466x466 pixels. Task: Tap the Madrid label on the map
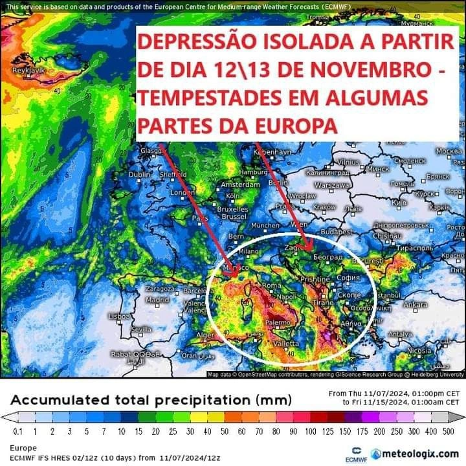click(x=157, y=300)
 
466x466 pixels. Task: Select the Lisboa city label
click(x=120, y=316)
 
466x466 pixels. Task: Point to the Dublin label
click(x=139, y=175)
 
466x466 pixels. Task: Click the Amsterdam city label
click(x=240, y=184)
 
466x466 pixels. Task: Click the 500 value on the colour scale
click(x=450, y=430)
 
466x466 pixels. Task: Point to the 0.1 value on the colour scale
click(x=17, y=430)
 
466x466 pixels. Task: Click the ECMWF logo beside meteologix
click(x=355, y=453)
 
